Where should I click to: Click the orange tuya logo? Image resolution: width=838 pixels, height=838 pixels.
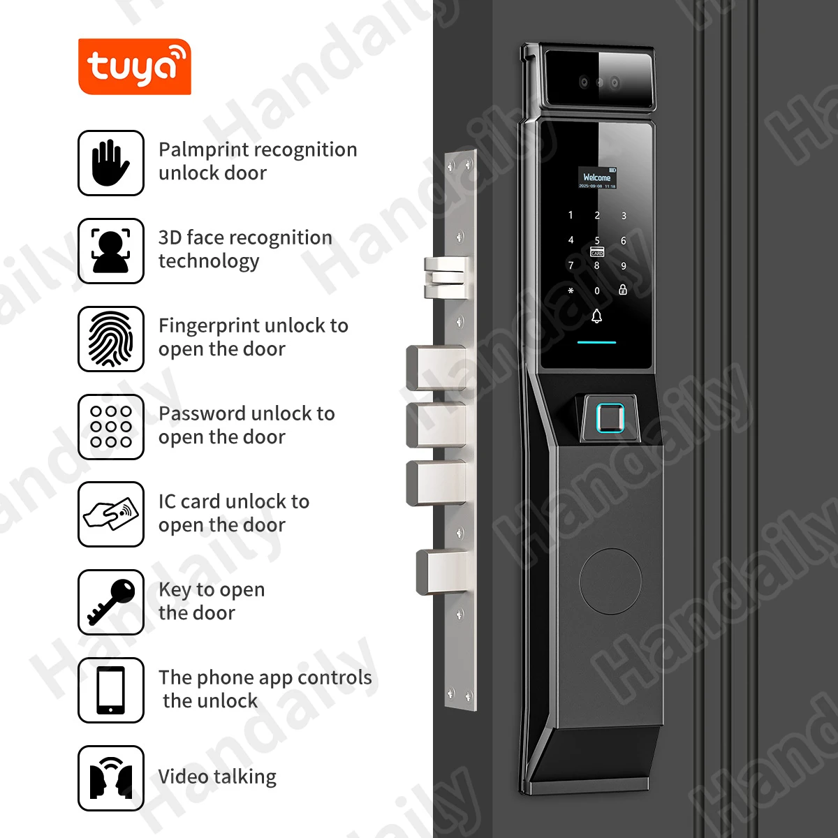click(x=134, y=67)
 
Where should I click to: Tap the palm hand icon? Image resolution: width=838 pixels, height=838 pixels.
click(x=111, y=163)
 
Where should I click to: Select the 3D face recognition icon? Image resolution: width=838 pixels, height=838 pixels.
click(x=111, y=251)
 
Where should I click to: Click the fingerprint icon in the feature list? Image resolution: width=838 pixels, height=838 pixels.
click(x=111, y=339)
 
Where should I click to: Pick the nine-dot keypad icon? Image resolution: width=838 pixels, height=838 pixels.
click(x=111, y=427)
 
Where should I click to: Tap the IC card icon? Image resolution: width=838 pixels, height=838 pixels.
click(x=111, y=515)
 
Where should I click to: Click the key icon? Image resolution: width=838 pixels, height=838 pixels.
click(x=111, y=603)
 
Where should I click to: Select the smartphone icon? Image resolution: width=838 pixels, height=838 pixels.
click(x=111, y=691)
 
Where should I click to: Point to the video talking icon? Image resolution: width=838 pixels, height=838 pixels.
click(x=111, y=779)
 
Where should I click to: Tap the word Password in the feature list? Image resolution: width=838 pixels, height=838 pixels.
click(x=199, y=413)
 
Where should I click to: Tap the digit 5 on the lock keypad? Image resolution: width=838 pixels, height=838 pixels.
click(x=597, y=241)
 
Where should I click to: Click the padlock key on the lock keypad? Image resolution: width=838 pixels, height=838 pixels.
click(x=623, y=290)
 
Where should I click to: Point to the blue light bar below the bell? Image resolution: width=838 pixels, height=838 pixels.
click(x=596, y=343)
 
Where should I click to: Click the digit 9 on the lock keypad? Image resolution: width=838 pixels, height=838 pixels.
click(x=624, y=266)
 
